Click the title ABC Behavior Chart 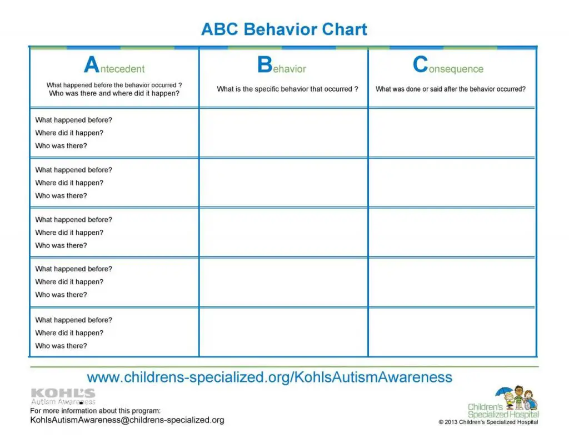(x=284, y=29)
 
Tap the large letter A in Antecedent (x=92, y=65)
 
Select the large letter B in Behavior (x=264, y=65)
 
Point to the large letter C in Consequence (x=420, y=65)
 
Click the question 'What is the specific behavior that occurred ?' (x=287, y=89)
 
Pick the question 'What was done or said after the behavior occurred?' (x=451, y=89)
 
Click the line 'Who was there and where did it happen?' (x=114, y=94)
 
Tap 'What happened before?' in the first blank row (x=73, y=120)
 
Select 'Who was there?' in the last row (x=61, y=346)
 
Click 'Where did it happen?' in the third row (x=69, y=233)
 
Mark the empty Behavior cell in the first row (x=283, y=133)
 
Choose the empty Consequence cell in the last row (x=452, y=332)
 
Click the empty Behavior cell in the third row (x=283, y=232)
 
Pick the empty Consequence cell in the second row (x=452, y=183)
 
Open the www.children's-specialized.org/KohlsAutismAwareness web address (x=269, y=378)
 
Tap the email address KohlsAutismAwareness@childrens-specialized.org (x=127, y=420)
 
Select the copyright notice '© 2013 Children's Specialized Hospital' (x=488, y=422)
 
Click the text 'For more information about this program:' (x=95, y=411)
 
